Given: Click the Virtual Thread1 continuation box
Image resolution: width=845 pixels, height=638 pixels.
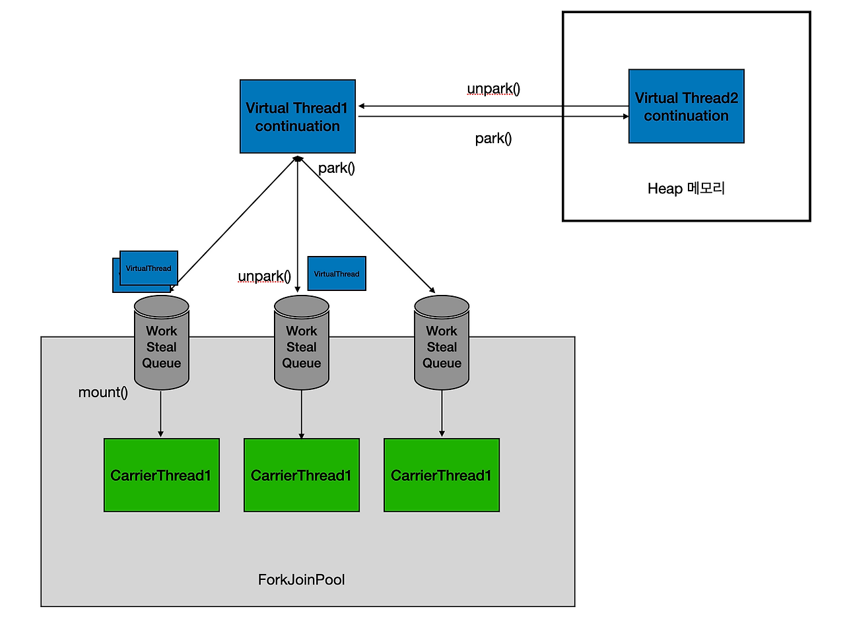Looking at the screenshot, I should pos(298,117).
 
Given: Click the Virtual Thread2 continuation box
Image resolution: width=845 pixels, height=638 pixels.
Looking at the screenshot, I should pos(687,106).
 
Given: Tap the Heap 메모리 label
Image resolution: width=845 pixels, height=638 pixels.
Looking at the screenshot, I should pos(686,189).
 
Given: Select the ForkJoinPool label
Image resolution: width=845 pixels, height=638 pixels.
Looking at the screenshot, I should pos(301,579).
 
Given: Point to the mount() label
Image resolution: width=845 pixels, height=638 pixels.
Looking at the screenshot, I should pos(103,393).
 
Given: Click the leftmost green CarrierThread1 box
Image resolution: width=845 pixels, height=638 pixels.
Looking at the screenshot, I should pos(162,475).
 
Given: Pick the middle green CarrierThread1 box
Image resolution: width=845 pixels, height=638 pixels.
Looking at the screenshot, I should pos(302,475).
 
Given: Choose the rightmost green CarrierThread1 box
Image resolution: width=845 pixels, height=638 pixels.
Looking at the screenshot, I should pos(442,475).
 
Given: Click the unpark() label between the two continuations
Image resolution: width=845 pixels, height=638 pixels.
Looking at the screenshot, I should pos(493,89).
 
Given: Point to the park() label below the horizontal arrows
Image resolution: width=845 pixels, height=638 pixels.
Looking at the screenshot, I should pos(493,139).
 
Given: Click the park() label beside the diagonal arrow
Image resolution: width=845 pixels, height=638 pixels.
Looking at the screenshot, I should pos(337,168).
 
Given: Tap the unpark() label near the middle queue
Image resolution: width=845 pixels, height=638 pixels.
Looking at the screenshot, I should pos(264,276).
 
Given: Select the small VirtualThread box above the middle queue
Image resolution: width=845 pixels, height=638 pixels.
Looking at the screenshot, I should pos(337,274).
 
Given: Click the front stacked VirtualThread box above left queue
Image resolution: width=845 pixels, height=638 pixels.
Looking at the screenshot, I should pos(149,268).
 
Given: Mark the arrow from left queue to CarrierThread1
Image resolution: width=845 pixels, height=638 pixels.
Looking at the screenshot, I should pos(161,414).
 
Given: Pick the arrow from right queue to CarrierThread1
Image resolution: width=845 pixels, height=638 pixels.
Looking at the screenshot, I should pos(442,414).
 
